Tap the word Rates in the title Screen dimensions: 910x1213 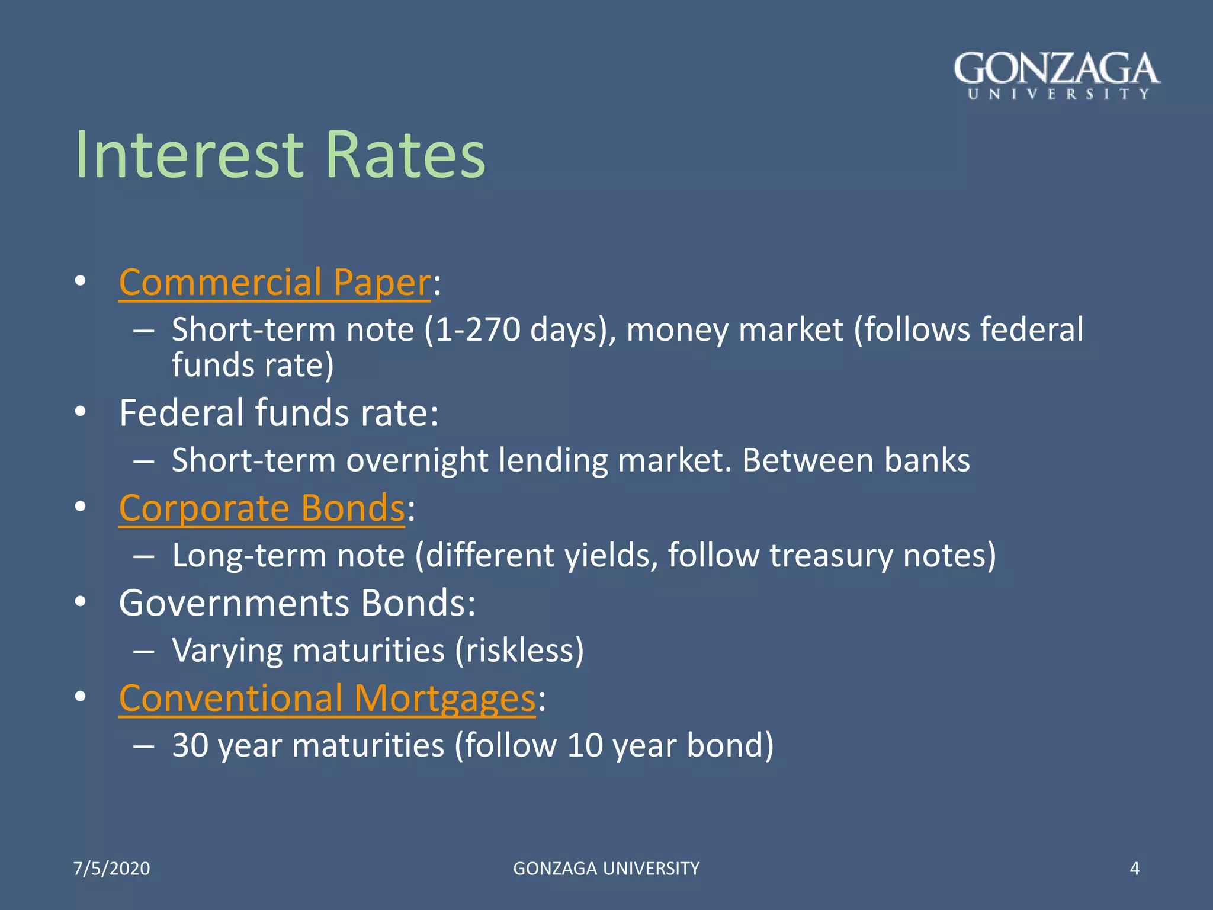coord(405,155)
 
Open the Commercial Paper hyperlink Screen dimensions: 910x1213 coord(275,283)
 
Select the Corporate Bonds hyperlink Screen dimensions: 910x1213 coord(262,508)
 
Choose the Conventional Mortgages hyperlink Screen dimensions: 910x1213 coord(327,698)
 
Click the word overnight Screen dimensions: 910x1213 coord(418,461)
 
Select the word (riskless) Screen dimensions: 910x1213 coord(519,651)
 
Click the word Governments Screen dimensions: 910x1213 coord(234,604)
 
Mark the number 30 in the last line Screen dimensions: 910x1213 coord(190,745)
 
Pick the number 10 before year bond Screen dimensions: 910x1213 coord(585,745)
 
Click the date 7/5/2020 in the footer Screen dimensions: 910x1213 coord(111,869)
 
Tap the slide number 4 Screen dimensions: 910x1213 coord(1134,869)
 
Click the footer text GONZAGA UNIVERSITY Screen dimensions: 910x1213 coord(606,869)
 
